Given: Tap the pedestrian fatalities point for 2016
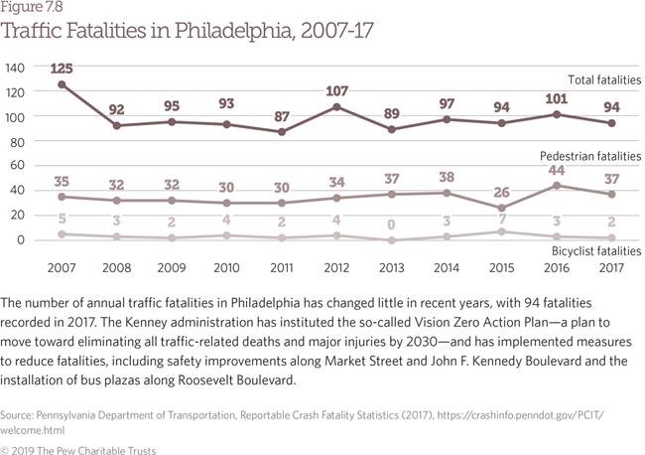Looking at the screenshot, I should point(559,186).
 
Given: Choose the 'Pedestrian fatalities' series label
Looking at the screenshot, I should point(590,157).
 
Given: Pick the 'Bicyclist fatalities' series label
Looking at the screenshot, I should point(595,252).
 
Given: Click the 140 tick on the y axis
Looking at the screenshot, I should point(15,68).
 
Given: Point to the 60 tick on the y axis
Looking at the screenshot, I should point(18,166).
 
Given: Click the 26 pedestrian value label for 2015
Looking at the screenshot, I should point(504,193).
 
